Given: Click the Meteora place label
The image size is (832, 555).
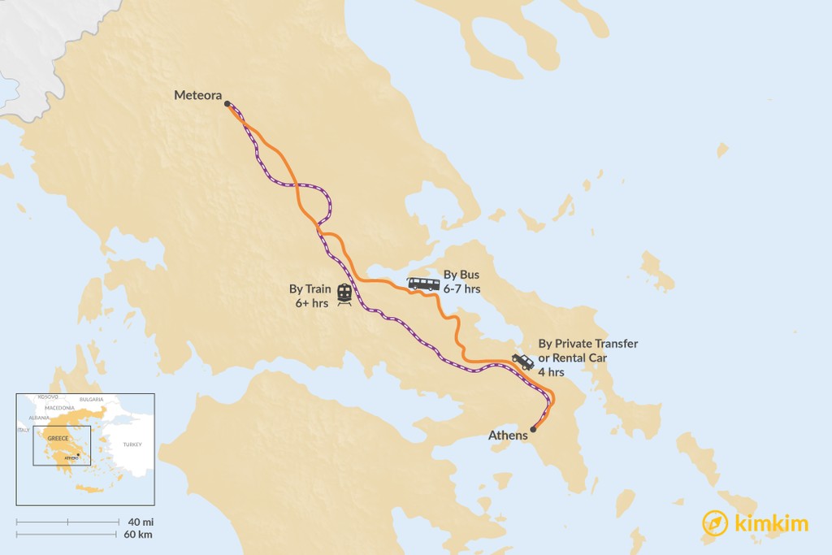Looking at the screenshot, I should [197, 96].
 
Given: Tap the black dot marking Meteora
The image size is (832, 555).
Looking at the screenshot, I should [227, 104].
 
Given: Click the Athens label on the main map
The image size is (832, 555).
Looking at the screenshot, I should [508, 436].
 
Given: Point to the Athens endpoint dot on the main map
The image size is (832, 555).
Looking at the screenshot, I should [533, 429].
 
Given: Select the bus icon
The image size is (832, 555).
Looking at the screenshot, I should [423, 284].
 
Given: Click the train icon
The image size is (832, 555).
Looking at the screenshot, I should [344, 293].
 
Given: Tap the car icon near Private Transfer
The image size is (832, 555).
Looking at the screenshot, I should [522, 362].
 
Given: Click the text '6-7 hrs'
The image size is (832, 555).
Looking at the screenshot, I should [461, 288].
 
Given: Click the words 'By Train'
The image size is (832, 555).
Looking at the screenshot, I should [310, 288].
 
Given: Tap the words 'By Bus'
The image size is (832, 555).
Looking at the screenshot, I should [461, 275].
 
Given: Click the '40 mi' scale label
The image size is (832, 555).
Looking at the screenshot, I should [139, 521].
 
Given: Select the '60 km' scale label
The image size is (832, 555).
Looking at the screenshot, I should [139, 534].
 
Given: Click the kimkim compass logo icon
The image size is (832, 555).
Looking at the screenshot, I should [715, 523].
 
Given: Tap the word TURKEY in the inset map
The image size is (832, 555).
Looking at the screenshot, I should [132, 444].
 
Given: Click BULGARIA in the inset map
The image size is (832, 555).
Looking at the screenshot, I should [91, 400].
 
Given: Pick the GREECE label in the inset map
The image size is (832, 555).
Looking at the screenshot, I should [58, 438].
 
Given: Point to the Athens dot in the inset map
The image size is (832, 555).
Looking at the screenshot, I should [77, 454].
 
